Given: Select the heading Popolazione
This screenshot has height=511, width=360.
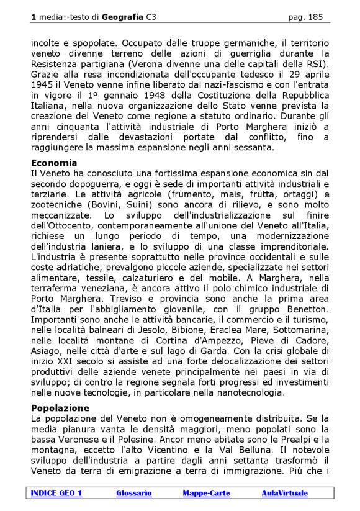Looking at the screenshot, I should (60, 408).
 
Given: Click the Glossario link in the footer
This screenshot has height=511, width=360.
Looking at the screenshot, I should (133, 493).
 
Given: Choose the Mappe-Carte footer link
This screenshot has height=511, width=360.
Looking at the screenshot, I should (206, 493).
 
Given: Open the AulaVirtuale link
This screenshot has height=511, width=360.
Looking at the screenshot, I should (284, 493).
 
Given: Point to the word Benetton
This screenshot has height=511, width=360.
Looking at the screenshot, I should (305, 309).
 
